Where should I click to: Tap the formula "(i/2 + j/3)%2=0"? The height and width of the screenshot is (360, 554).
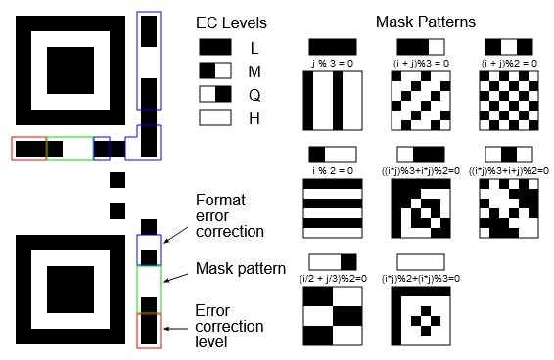(x=333, y=278)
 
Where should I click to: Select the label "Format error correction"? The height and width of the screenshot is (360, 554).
(x=230, y=215)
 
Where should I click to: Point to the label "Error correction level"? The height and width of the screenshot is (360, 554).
(x=230, y=326)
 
